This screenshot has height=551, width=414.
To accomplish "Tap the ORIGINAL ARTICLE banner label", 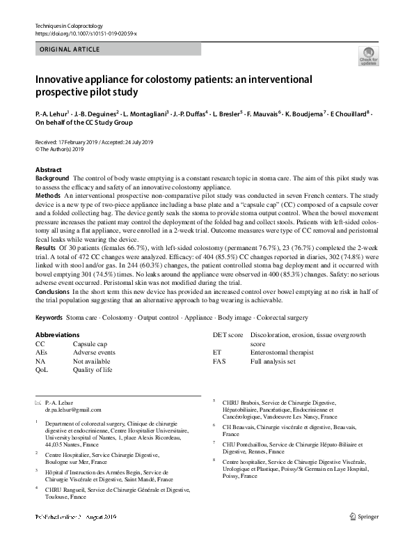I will (x=70, y=49).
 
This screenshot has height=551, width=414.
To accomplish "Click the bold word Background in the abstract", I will (x=52, y=179).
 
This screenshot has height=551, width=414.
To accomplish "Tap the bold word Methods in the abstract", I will (x=48, y=197).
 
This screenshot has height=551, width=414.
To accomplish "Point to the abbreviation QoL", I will (x=42, y=369).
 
